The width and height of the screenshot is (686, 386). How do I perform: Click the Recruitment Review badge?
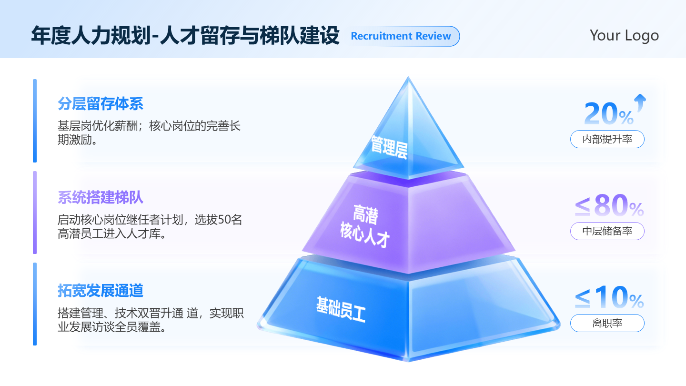401,36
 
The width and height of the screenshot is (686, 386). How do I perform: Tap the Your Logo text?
624,35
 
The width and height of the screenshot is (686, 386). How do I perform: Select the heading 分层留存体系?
101,103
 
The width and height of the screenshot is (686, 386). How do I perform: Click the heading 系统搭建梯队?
101,197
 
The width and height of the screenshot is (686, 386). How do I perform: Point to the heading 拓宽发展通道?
101,290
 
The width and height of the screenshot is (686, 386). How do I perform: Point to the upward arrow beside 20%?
640,102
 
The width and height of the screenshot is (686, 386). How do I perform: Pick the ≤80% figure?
609,206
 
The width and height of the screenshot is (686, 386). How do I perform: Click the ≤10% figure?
609,298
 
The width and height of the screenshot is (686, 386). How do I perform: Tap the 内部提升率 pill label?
607,140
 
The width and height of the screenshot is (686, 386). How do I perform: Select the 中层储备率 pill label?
607,231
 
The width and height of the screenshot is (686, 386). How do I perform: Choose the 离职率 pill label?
607,323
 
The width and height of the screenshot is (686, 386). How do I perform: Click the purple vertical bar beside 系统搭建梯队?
35,213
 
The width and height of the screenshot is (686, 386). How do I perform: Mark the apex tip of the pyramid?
408,78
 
